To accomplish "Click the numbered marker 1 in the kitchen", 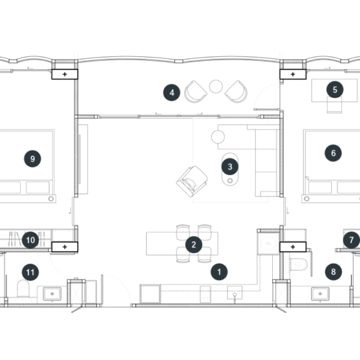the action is (219, 272).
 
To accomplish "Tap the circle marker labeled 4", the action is (172, 92).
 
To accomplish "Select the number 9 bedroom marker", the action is (33, 159).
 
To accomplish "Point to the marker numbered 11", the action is (30, 272).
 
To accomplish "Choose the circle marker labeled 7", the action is (352, 240).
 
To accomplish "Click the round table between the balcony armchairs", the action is (216, 86).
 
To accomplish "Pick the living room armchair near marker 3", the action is (192, 181).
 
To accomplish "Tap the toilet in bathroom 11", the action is (23, 288).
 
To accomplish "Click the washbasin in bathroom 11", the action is (52, 294).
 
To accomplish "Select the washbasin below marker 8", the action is (320, 294).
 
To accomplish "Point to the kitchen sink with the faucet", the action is (235, 292).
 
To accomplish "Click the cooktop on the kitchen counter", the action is (205, 294).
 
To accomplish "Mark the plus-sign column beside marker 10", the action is (65, 247).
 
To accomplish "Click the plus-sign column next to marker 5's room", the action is (292, 74).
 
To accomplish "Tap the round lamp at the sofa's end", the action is (218, 137).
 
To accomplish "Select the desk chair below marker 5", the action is (334, 105).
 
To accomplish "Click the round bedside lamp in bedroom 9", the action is (51, 199).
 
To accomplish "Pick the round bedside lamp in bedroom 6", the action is (307, 199).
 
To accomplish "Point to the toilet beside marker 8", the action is (298, 264).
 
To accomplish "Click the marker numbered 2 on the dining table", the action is (193, 245).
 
